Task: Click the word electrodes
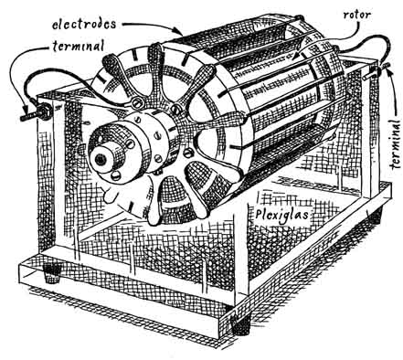pyautogui.click(x=84, y=24)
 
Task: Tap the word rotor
pyautogui.click(x=357, y=15)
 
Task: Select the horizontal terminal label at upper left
pyautogui.click(x=79, y=46)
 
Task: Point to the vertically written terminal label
pyautogui.click(x=396, y=144)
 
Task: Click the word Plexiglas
pyautogui.click(x=281, y=215)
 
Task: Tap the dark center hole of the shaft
pyautogui.click(x=100, y=158)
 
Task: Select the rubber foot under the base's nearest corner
pyautogui.click(x=241, y=326)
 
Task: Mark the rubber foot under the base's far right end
pyautogui.click(x=375, y=213)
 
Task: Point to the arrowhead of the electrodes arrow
pyautogui.click(x=179, y=31)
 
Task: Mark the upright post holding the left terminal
pyautogui.click(x=46, y=180)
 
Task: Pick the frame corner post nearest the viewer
pyautogui.click(x=241, y=259)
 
